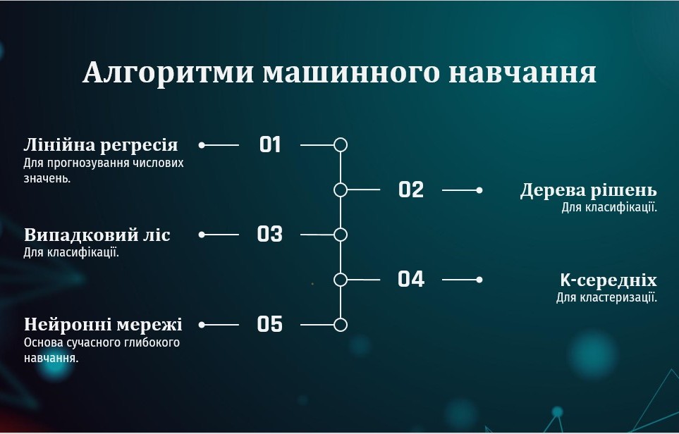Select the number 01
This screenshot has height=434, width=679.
270,145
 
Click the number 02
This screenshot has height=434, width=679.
410,190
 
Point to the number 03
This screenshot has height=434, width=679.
269,235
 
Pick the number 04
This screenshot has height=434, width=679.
410,280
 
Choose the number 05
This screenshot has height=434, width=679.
269,325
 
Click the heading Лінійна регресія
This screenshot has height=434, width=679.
101,145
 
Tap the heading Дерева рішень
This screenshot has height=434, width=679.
588,190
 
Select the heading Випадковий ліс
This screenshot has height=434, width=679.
97,235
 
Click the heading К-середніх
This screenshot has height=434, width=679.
608,280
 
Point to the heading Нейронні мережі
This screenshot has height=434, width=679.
103,325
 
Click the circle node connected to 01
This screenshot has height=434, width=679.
341,145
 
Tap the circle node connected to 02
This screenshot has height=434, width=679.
341,190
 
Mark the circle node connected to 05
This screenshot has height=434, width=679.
341,325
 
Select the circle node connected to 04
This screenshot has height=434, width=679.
341,280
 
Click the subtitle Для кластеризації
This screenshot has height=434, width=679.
606,297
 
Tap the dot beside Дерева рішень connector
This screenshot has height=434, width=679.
479,190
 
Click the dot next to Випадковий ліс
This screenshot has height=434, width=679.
202,235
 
